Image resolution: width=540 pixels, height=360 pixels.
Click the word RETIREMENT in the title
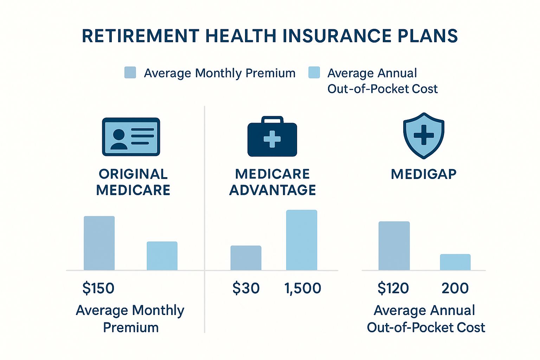(140, 36)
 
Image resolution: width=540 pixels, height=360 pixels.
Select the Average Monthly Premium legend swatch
(130, 72)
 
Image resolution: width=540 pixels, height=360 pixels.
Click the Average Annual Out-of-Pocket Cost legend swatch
(314, 72)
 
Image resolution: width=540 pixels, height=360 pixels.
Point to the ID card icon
(131, 137)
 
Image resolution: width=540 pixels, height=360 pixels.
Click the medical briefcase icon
(272, 137)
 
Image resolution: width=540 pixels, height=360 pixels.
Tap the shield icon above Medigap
(424, 135)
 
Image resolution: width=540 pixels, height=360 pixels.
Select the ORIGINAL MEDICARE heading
(133, 182)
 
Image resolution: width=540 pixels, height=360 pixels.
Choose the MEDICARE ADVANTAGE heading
(272, 182)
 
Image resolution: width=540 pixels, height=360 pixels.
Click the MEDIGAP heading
(424, 174)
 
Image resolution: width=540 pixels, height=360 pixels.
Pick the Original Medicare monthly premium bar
(99, 243)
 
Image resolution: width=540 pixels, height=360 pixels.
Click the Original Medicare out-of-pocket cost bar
(162, 256)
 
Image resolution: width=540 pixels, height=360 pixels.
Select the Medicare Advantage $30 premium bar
(246, 258)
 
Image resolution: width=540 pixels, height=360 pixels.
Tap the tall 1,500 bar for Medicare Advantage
(302, 240)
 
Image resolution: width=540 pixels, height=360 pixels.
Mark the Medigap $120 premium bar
(394, 246)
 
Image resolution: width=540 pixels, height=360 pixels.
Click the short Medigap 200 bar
(455, 262)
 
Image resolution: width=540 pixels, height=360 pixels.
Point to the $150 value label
(98, 288)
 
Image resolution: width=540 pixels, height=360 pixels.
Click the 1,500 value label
(303, 288)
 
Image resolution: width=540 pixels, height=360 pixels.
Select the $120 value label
(393, 288)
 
